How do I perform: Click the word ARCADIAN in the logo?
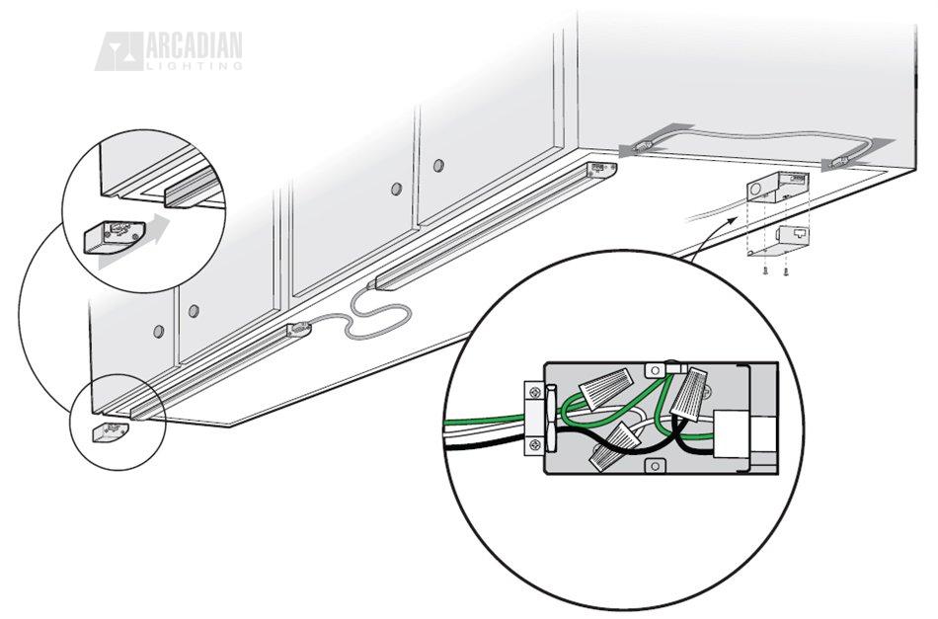[193, 46]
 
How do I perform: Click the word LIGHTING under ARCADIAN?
[193, 66]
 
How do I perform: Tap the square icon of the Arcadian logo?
[118, 51]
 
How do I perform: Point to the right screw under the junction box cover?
[784, 270]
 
